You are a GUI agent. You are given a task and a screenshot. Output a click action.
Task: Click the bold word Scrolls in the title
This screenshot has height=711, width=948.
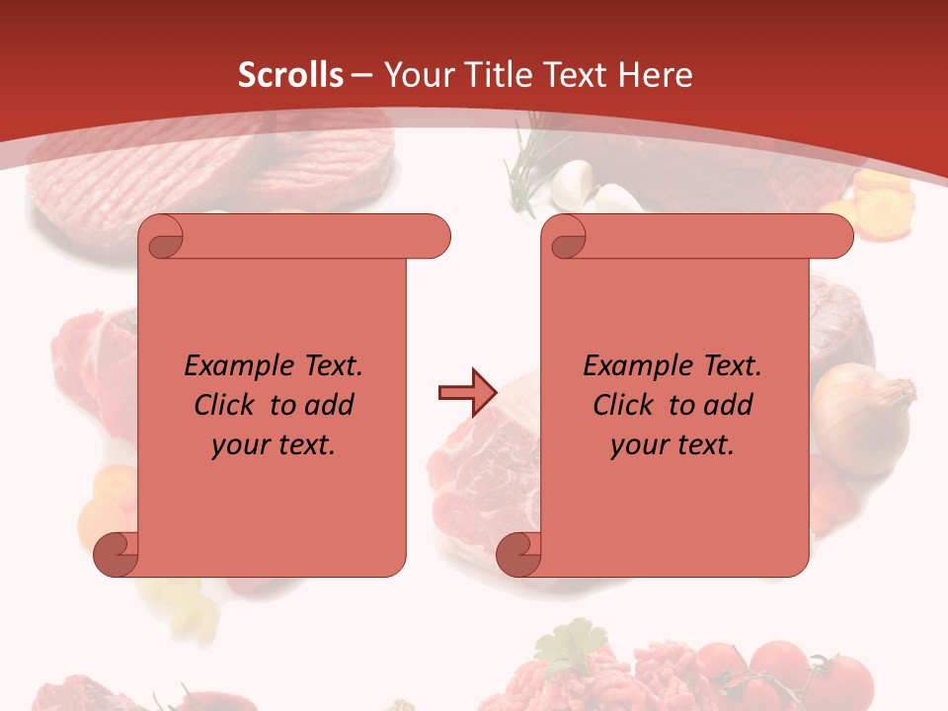[290, 75]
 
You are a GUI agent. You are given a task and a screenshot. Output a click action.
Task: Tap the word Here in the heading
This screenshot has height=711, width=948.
[655, 75]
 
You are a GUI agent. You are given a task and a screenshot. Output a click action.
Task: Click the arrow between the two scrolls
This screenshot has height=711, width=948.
[466, 393]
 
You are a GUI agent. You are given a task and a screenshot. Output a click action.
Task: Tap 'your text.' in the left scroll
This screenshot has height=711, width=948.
[274, 445]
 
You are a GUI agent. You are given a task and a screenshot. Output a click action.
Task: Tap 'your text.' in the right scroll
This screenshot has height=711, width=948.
[672, 445]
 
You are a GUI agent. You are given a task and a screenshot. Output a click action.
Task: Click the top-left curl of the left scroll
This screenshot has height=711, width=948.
[163, 237]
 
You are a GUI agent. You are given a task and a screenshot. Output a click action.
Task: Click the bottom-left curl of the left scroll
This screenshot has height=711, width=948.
[116, 554]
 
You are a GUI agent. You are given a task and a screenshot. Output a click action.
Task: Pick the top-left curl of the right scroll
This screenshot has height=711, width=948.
[566, 237]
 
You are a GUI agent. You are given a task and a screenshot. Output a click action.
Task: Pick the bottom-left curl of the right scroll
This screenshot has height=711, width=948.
[518, 554]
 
